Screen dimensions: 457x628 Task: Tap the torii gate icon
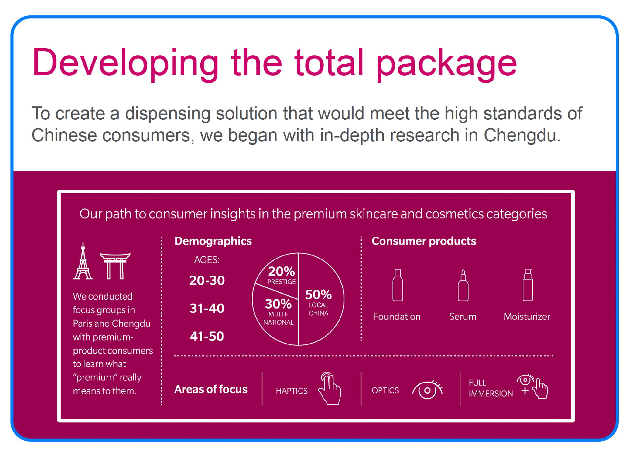115,266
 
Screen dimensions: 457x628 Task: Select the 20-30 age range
207,280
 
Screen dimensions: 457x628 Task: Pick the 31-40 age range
207,309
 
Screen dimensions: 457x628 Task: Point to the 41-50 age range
207,337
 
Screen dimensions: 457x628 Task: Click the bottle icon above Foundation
398,285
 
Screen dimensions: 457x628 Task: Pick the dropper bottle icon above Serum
463,286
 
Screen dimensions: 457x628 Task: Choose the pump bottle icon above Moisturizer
528,285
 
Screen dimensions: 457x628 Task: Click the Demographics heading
213,241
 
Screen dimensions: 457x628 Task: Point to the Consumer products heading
424,241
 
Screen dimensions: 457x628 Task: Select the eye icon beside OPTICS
427,390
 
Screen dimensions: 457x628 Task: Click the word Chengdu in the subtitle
522,135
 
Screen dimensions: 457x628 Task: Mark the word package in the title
447,64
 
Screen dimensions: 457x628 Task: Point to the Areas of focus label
211,390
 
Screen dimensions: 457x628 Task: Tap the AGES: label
206,260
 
